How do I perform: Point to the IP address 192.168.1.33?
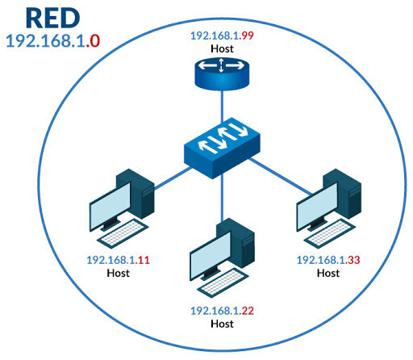(x=327, y=260)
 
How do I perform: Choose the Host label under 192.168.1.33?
(x=327, y=273)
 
